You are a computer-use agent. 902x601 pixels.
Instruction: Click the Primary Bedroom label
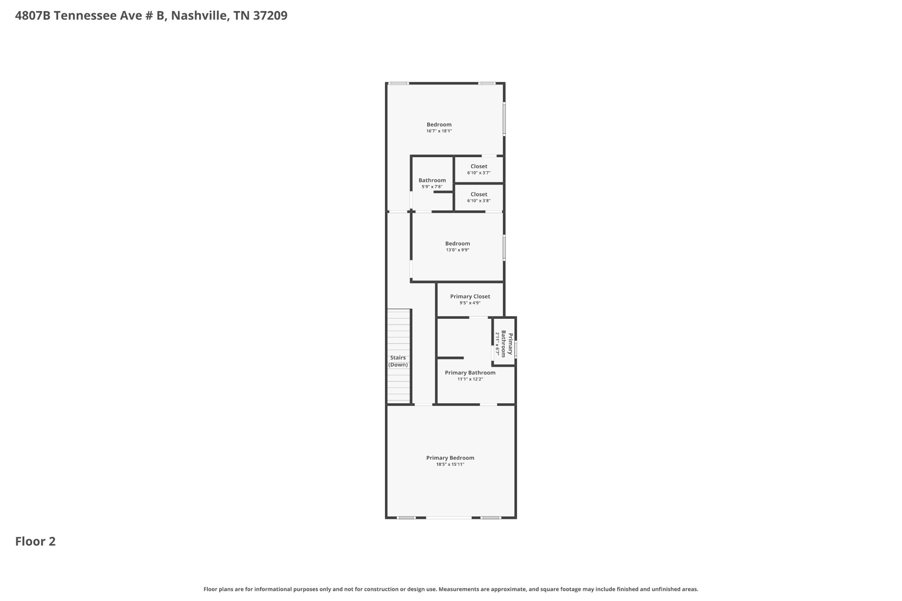tap(450, 458)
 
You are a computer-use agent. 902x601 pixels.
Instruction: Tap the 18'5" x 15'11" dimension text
tap(450, 465)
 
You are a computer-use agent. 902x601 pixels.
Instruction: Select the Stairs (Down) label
tap(398, 361)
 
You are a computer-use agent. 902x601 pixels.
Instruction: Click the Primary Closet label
tap(470, 296)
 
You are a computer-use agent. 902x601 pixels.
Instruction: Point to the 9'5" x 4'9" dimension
tap(470, 303)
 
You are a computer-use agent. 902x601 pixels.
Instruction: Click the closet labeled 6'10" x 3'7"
tap(479, 166)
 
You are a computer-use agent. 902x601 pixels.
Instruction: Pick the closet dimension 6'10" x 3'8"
tap(479, 201)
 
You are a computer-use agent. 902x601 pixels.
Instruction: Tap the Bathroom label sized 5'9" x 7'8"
tap(432, 180)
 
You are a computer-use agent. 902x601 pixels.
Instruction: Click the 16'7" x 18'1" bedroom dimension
tap(439, 131)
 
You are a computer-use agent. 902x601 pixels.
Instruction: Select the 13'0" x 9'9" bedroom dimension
tap(458, 250)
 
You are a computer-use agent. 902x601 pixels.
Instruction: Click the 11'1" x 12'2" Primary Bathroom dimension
tap(470, 379)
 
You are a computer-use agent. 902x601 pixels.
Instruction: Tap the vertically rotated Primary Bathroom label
tap(507, 344)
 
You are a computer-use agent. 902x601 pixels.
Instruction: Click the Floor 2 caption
tap(35, 542)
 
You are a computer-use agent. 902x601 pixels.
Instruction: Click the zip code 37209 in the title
tap(270, 16)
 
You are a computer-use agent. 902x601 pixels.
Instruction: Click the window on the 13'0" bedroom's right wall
tap(504, 247)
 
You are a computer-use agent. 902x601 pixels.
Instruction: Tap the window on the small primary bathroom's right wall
tap(515, 349)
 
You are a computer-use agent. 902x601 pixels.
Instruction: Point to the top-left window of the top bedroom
tap(398, 83)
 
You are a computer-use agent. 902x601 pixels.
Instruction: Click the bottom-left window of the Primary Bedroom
tap(406, 518)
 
